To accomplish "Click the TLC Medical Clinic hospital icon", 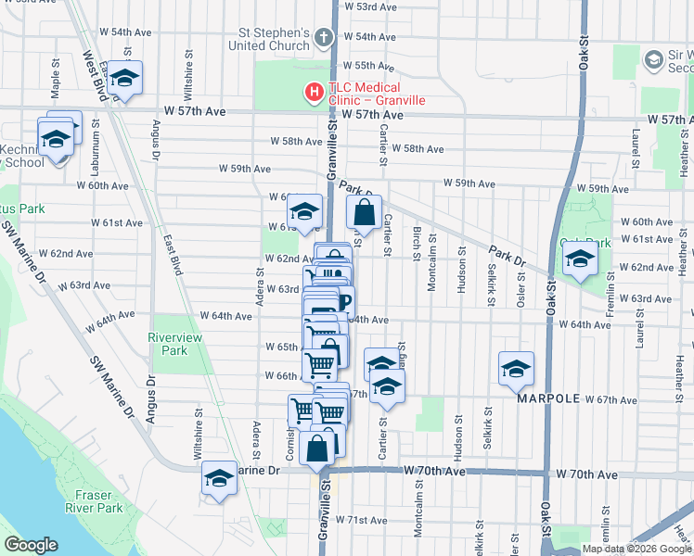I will [314, 93].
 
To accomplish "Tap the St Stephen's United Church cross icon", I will [323, 38].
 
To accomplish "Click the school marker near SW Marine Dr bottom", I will [219, 479].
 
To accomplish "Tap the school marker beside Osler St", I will [516, 370].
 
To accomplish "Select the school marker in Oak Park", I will [580, 259].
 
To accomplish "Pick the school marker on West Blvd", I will [124, 81].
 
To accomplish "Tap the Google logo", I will [31, 545].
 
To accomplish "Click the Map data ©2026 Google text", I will [636, 549].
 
